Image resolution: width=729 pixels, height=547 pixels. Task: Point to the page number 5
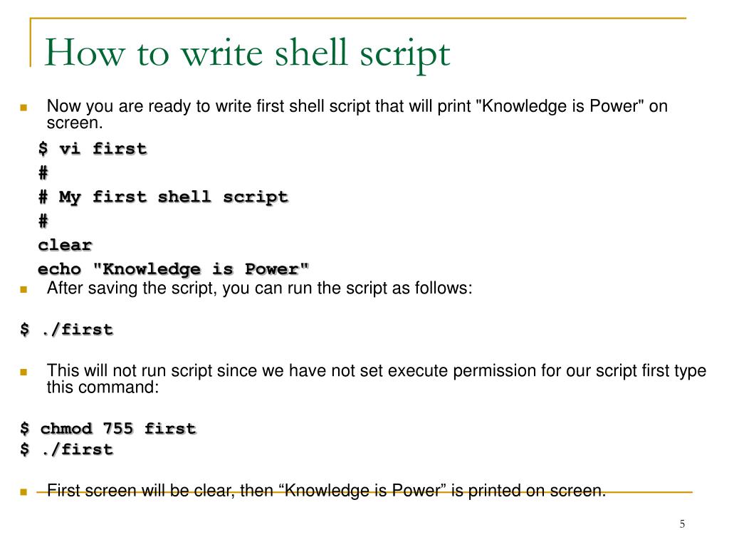click(x=682, y=525)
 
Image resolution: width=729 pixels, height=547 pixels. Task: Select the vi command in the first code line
click(x=69, y=149)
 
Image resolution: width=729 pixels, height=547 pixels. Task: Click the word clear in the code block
click(x=65, y=245)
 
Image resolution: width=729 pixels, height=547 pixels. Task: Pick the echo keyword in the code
click(x=59, y=269)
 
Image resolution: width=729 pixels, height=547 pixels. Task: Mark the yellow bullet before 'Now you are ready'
click(x=23, y=108)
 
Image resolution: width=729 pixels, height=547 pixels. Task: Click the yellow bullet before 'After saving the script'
click(x=23, y=289)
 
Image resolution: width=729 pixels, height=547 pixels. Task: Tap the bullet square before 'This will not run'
click(x=23, y=372)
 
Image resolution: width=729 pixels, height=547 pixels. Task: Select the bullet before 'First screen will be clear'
click(x=23, y=491)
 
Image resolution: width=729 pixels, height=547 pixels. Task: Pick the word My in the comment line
click(x=70, y=197)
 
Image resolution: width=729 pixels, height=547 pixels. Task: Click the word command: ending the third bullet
click(x=124, y=387)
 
